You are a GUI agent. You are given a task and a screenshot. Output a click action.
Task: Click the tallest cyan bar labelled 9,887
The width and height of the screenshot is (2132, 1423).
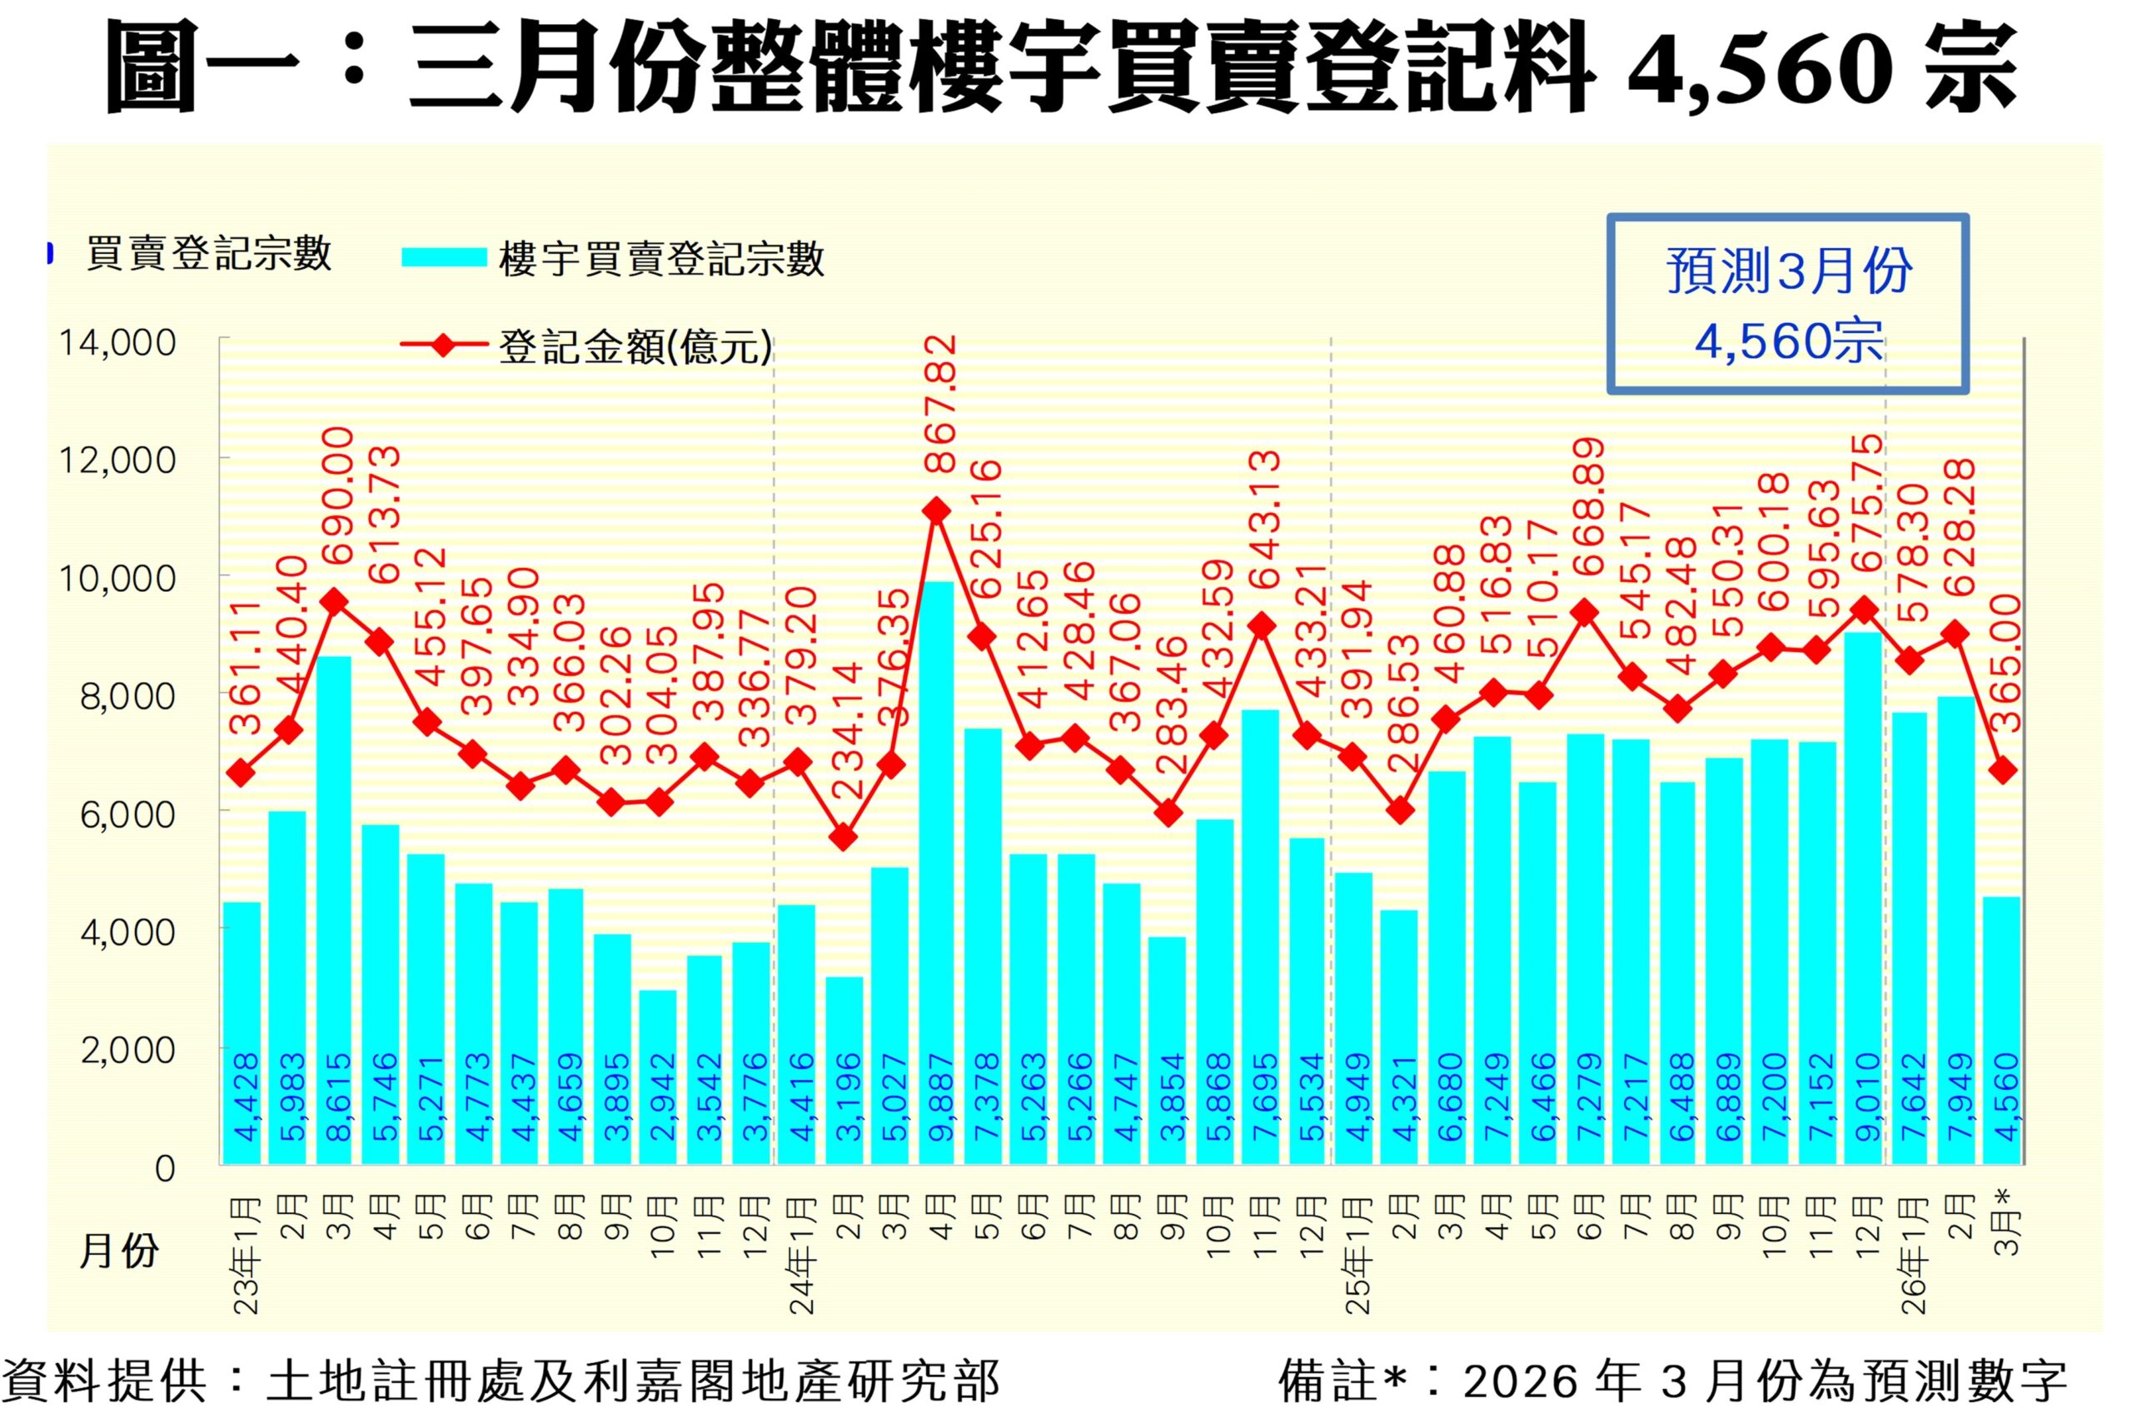(x=937, y=871)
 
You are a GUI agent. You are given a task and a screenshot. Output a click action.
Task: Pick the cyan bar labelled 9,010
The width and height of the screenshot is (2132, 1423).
(x=1863, y=898)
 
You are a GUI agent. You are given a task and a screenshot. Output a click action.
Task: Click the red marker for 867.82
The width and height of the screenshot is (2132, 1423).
(x=937, y=512)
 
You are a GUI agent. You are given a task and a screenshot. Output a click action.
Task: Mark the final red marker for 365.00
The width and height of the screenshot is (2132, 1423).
(x=2002, y=770)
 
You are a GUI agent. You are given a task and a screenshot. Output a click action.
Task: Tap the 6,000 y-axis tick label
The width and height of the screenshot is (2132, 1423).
(x=128, y=814)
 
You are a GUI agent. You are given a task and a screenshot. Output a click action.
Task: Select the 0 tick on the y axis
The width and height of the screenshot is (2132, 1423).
(x=164, y=1168)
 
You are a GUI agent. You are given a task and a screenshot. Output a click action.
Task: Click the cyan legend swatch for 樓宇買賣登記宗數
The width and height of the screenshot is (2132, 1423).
(x=444, y=258)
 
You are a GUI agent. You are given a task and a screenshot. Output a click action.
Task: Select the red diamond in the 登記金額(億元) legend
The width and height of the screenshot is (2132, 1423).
(x=444, y=346)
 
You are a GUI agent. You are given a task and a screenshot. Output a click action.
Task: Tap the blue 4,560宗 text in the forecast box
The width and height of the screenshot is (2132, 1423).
(x=1788, y=342)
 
